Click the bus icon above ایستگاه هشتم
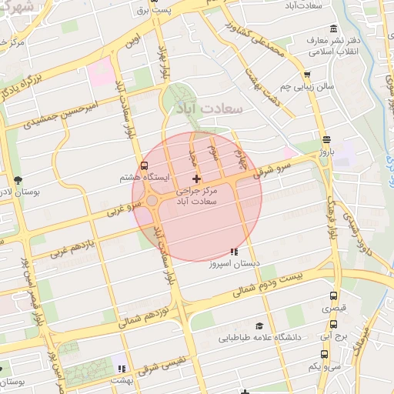tap(145, 166)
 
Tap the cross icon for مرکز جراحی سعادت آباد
tap(196, 179)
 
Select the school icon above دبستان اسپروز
tap(234, 252)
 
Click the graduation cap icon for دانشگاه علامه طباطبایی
tap(259, 326)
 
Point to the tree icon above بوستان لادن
tap(18, 179)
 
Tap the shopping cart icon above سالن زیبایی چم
tap(307, 75)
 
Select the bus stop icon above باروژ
tap(327, 139)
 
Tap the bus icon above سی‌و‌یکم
tap(324, 355)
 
